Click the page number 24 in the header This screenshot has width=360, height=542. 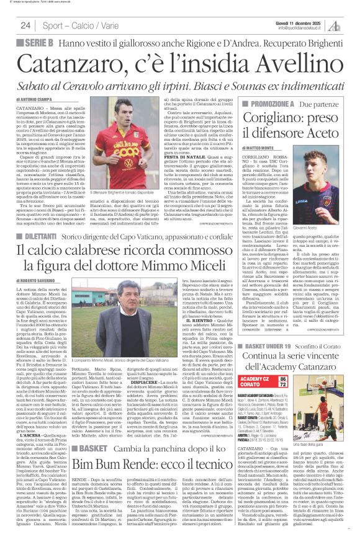click(25, 25)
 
